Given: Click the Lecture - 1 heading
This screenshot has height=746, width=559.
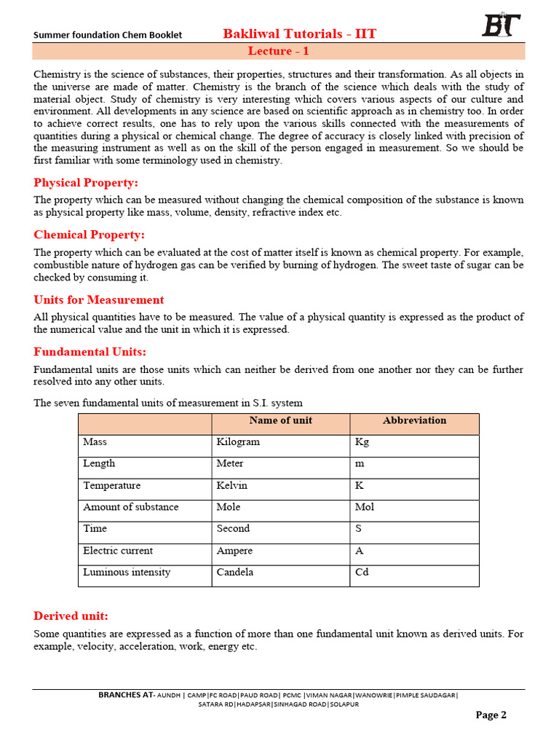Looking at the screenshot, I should click(279, 51).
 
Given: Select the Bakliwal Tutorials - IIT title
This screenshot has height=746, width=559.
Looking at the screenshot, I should click(300, 34).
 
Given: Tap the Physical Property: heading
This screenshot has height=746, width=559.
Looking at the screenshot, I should click(86, 182).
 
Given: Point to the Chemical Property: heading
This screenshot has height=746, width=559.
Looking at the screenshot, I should click(90, 235).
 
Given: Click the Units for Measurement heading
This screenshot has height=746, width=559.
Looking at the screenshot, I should click(99, 299).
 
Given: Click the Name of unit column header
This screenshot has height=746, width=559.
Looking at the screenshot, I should click(280, 420).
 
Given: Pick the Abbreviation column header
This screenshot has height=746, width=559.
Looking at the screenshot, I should click(414, 420).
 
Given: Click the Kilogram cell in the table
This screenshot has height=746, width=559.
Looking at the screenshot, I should click(238, 442).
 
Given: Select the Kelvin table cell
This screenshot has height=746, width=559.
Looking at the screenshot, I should click(232, 486).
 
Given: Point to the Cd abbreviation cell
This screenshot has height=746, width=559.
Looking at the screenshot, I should click(362, 573).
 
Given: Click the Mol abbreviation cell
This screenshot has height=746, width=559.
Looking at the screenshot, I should click(365, 507).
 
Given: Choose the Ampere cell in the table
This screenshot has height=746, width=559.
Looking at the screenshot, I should click(235, 551).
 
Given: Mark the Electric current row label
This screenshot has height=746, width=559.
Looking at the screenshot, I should click(118, 551).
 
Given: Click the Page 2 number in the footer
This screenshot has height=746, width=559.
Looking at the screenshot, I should click(491, 715).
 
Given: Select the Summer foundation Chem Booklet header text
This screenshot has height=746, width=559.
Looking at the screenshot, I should click(108, 35).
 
